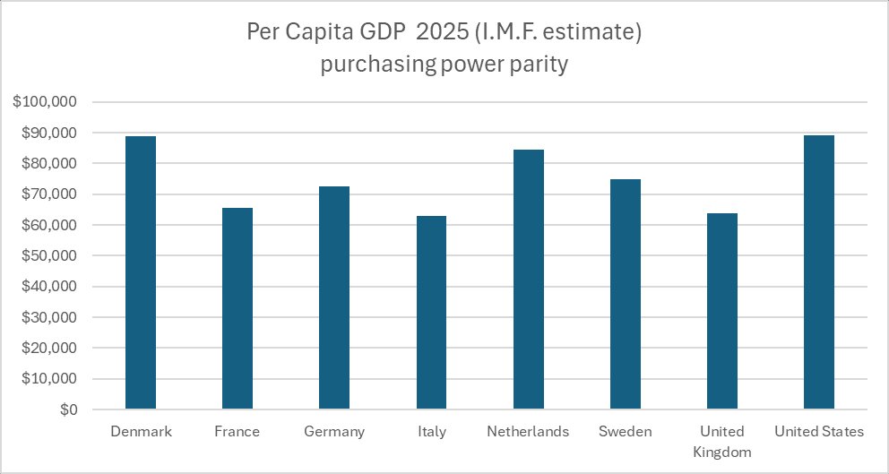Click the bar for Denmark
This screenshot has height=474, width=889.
[x=141, y=272]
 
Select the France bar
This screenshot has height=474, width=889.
[x=237, y=308]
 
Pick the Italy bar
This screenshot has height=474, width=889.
[x=431, y=313]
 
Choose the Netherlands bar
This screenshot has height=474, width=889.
[x=528, y=280]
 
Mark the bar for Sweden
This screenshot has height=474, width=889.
[x=625, y=294]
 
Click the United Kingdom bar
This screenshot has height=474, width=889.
[x=722, y=311]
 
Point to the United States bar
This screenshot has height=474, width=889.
[x=819, y=272]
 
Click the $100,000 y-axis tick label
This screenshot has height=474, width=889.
[x=46, y=102]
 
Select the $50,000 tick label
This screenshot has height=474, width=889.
[x=49, y=256]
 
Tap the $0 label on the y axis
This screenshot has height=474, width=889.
[x=68, y=409]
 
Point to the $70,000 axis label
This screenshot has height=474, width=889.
[x=49, y=194]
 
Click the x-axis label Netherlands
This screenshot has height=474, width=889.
[x=528, y=432]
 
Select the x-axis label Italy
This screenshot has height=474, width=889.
[x=431, y=432]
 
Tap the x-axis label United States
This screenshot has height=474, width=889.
[x=819, y=432]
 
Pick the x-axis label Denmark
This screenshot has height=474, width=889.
[x=141, y=432]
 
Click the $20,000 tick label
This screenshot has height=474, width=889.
[x=49, y=349]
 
